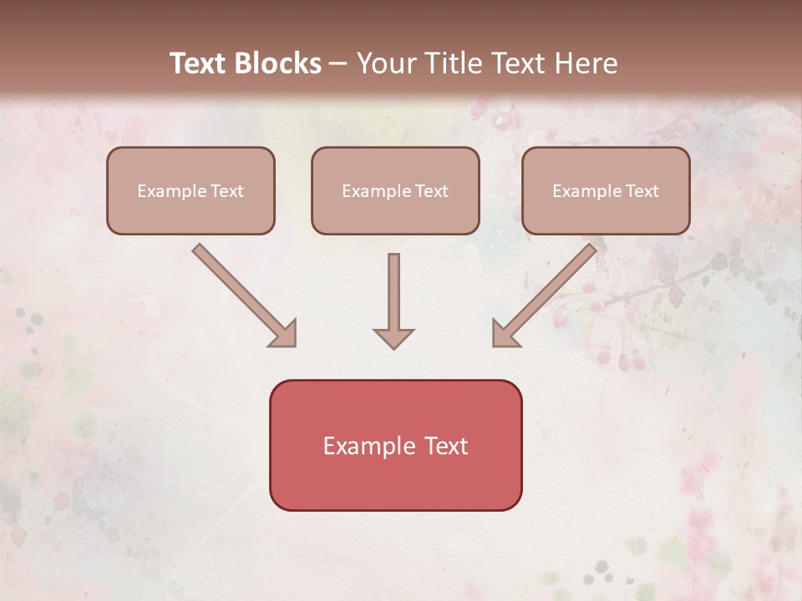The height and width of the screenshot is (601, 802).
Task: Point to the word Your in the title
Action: coord(387,63)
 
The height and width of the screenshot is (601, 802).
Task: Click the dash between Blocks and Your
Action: coord(338,63)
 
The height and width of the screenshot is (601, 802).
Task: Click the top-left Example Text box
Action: coord(190,190)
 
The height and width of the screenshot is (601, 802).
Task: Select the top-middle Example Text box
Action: coord(395,190)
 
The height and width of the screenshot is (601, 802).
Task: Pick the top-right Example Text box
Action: coord(606,190)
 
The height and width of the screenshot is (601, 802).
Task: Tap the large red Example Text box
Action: coord(395,445)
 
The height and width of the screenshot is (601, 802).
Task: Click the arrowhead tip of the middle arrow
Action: coord(393,346)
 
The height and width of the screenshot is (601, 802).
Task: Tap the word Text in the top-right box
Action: coord(642,191)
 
